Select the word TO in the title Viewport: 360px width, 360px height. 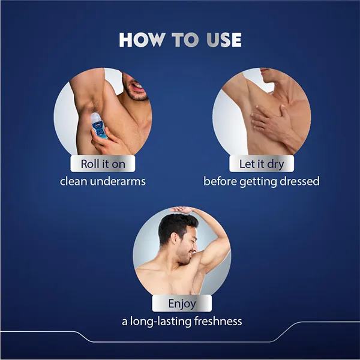pos(184,40)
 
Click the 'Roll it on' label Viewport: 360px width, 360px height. pos(103,163)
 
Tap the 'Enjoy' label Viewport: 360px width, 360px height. pos(181,304)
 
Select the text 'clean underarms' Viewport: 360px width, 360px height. pos(103,181)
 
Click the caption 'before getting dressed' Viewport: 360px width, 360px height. pos(261,181)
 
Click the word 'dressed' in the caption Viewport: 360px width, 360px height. pos(298,181)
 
